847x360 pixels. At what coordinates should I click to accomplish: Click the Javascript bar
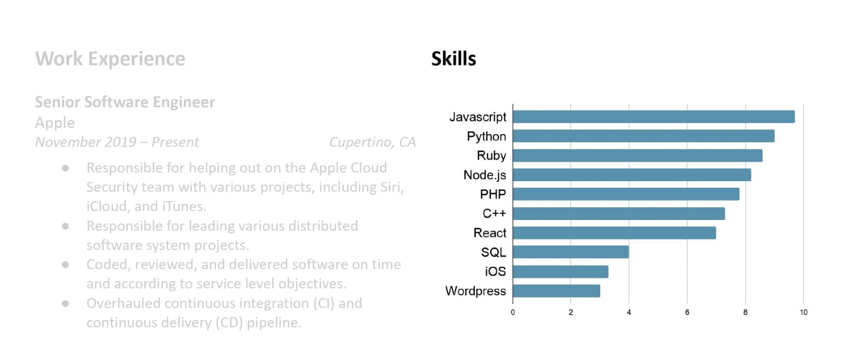coord(653,117)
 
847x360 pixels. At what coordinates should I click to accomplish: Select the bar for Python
coord(643,136)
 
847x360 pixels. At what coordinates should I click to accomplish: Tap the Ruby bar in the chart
coord(637,156)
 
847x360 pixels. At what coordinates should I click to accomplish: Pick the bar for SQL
coord(570,252)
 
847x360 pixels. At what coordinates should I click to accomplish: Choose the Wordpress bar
coord(556,291)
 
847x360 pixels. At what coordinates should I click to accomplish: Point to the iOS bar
coord(560,272)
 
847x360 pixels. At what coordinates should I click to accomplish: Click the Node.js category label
coord(485,175)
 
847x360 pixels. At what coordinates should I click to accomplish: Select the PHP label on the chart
coord(493,194)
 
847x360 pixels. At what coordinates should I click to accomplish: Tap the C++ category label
coord(494,214)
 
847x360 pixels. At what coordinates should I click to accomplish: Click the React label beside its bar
coord(490,233)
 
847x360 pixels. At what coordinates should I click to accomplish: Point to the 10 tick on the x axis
coord(803,312)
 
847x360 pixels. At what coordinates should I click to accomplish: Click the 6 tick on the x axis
coord(687,312)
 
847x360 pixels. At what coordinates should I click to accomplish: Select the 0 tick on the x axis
coord(512,312)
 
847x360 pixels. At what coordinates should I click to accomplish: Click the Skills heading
coord(454,59)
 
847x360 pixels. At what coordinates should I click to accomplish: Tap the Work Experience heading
coord(110,59)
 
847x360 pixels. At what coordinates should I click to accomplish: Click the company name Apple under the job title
coord(54,122)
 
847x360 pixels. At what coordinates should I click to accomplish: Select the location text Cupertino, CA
coord(372,142)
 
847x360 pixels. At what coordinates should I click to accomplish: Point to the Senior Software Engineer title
coord(124,102)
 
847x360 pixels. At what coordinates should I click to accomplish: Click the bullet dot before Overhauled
coord(66,303)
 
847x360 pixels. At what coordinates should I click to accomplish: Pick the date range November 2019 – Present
coord(117,142)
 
